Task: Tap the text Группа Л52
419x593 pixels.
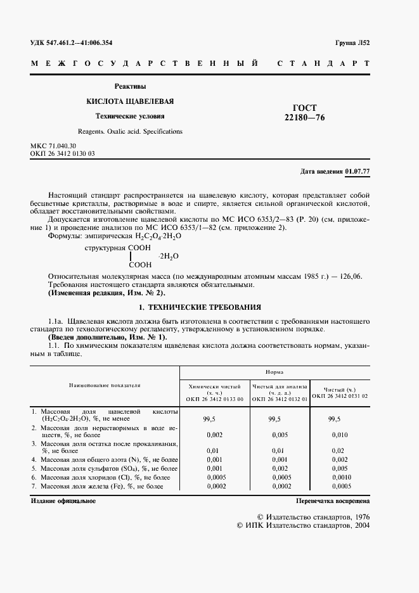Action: click(x=352, y=42)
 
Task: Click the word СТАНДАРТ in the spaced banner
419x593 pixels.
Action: click(x=324, y=64)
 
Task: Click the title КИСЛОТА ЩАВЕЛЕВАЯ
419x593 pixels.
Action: click(x=130, y=101)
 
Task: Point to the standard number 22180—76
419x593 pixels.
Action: click(x=306, y=117)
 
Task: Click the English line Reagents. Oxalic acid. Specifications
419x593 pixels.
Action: click(x=130, y=131)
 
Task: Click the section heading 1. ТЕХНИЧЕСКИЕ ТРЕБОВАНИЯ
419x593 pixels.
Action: click(x=200, y=305)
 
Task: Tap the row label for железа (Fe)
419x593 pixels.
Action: click(x=101, y=486)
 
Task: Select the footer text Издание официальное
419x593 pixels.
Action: click(x=63, y=501)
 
